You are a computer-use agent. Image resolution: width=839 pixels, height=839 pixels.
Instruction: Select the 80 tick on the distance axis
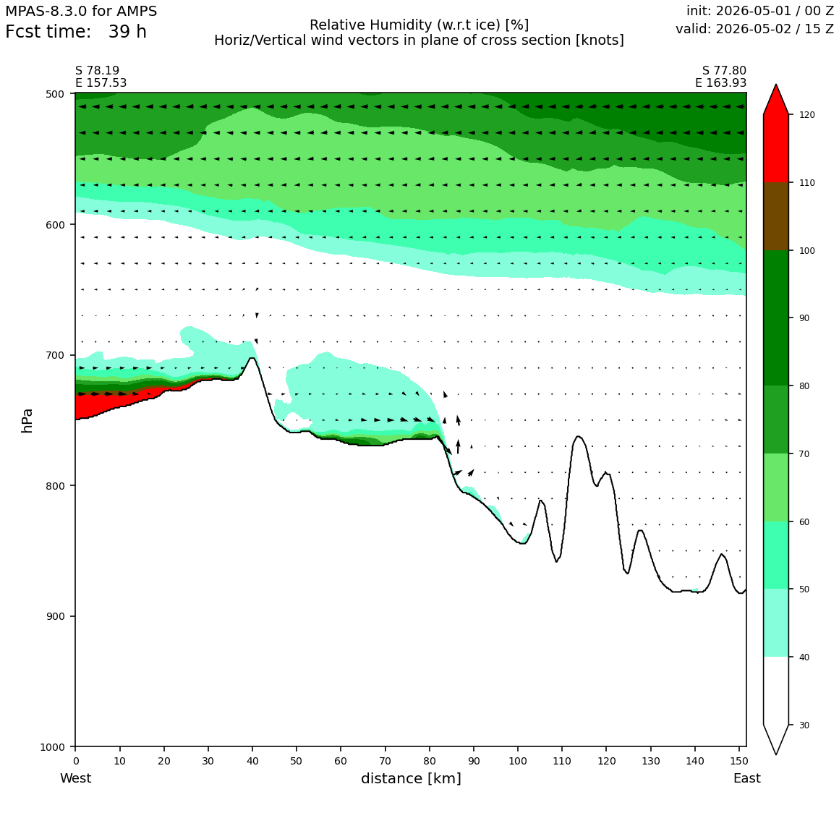coord(429,761)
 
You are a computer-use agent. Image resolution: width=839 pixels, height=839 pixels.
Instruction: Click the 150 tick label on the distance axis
coord(739,761)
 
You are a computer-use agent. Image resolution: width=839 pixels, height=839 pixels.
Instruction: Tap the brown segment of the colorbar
coord(776,216)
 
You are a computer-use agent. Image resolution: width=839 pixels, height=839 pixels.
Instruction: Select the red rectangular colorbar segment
coord(776,148)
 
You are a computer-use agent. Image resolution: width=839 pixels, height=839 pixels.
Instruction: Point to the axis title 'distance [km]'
coord(411,778)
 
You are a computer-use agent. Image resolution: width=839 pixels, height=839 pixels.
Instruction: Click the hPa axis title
coord(27,420)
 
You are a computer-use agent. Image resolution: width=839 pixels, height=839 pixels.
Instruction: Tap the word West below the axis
coord(75,778)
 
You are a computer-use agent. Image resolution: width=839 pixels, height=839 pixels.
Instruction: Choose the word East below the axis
coord(747,778)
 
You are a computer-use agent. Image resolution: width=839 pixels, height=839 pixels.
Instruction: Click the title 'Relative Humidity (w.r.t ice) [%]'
coord(419,25)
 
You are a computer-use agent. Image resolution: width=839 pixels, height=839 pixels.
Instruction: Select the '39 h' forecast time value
coord(127,32)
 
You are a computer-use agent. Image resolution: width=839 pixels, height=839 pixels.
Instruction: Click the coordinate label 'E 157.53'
coord(101,83)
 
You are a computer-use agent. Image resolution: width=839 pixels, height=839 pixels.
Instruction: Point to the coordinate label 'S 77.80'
coord(724,71)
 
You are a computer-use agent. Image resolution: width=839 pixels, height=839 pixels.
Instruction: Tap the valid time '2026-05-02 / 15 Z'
coord(775,29)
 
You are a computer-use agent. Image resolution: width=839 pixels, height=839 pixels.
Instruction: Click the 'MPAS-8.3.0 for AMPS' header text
coord(81,12)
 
